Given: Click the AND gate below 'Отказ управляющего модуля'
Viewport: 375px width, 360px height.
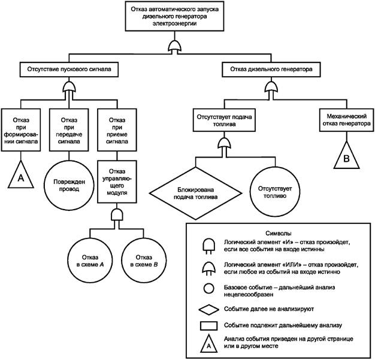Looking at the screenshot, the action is (x=117, y=214).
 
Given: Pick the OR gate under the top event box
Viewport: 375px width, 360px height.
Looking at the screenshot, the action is (x=174, y=46).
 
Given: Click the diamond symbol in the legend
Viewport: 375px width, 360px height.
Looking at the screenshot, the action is (x=209, y=309).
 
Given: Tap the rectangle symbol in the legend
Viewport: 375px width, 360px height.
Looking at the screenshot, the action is (x=209, y=326).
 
